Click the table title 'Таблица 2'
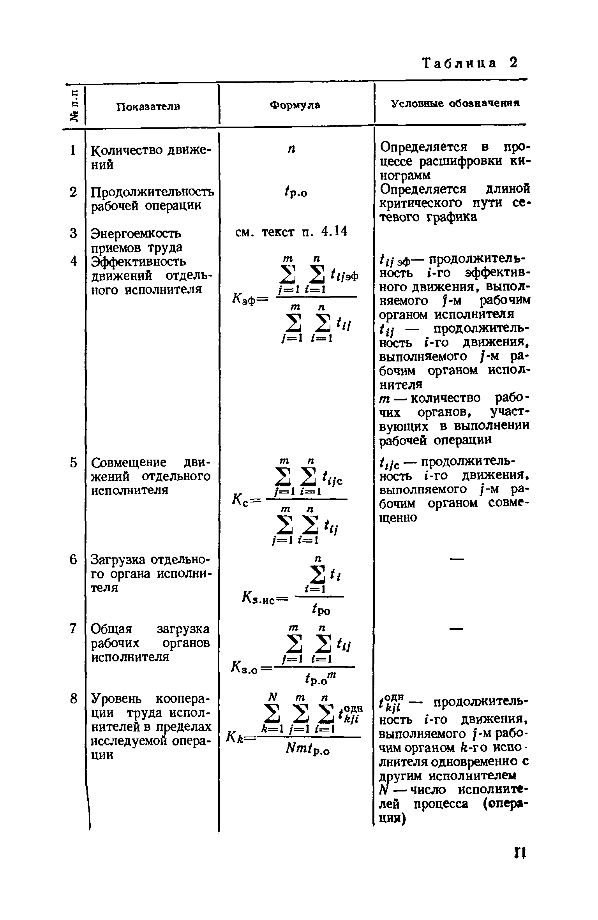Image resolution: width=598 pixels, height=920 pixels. [470, 63]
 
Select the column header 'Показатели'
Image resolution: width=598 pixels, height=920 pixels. [148, 106]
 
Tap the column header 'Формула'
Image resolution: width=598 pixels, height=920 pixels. [295, 105]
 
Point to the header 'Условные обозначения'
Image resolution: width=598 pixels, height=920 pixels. [455, 104]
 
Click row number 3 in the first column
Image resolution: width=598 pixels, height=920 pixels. [73, 233]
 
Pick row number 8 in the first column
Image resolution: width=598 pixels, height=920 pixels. [73, 698]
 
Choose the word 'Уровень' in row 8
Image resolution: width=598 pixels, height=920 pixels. [118, 699]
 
